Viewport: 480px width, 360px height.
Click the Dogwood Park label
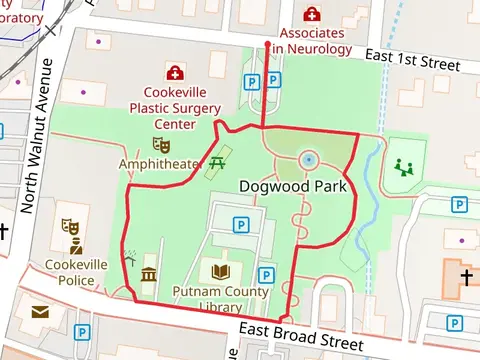click(293, 186)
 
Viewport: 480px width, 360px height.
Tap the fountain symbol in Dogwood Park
click(308, 160)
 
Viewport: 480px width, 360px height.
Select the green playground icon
click(404, 167)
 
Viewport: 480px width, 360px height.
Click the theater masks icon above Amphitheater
click(160, 146)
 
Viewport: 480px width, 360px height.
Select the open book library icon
click(220, 271)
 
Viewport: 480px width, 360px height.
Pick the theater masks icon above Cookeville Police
click(70, 228)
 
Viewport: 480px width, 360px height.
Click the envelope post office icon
click(40, 314)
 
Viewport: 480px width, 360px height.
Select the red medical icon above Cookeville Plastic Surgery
click(176, 73)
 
